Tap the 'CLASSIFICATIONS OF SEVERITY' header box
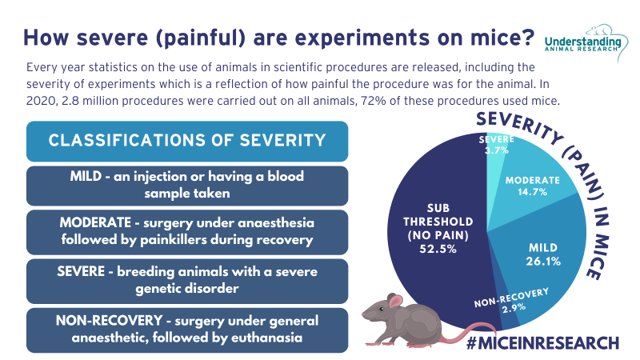click(187, 141)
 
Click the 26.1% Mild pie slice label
click(545, 260)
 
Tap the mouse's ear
click(394, 302)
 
